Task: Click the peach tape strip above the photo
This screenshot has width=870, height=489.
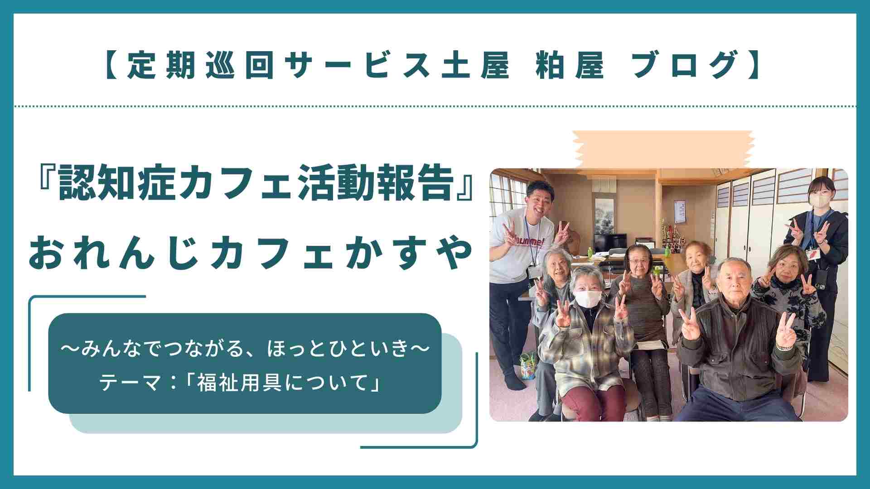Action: [663, 149]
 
